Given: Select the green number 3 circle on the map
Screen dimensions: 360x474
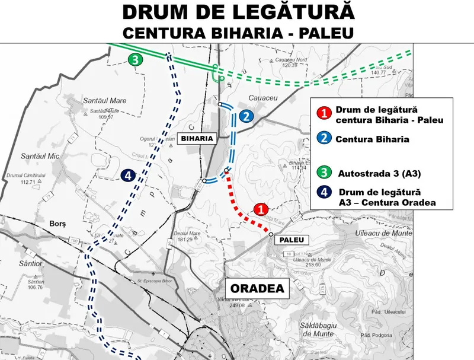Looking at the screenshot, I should click(136, 60).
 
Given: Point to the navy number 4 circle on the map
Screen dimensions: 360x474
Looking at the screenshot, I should click(127, 176).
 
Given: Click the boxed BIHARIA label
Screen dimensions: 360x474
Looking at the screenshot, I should click(196, 138).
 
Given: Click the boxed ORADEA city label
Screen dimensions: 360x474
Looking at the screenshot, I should click(257, 289).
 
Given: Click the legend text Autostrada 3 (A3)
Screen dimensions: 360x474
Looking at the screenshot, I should click(379, 174).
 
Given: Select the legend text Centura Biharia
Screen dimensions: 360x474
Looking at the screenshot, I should click(372, 140).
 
